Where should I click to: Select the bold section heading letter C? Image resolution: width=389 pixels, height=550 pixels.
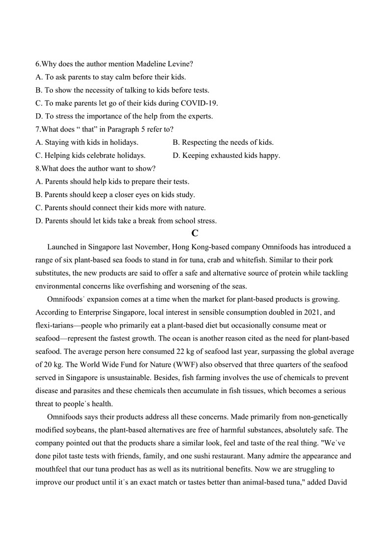pos(194,234)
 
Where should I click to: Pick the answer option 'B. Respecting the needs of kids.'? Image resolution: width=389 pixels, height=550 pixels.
pos(223,142)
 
